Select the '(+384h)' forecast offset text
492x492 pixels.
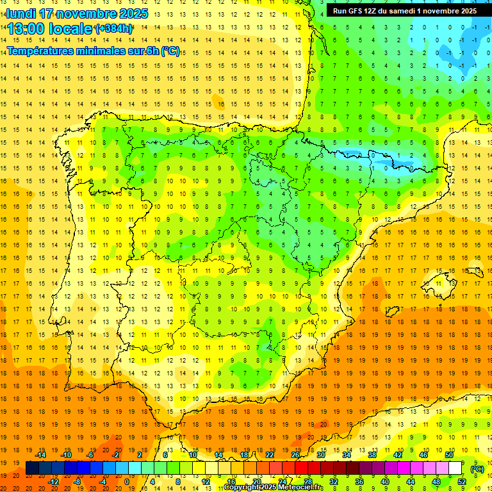(x=114, y=29)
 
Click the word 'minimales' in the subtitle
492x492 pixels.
(x=95, y=51)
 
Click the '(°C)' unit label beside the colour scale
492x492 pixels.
(x=477, y=469)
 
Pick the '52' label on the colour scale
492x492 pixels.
(x=461, y=481)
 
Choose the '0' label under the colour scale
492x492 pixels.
(x=127, y=481)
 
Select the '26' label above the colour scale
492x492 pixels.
(x=295, y=455)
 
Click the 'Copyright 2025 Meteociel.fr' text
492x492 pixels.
(x=274, y=488)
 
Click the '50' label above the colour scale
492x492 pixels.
(x=449, y=455)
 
